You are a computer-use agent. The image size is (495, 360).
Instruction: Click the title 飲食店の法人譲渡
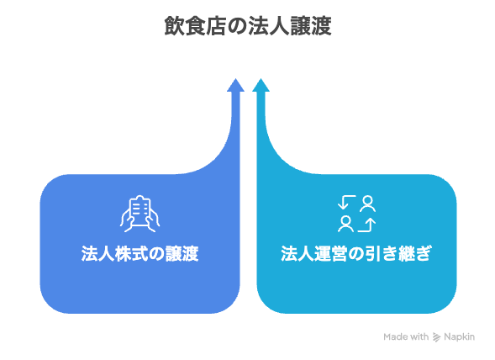tap(248, 26)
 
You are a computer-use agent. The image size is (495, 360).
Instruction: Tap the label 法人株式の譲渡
tap(140, 253)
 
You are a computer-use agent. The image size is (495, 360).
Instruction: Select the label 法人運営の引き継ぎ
tap(356, 253)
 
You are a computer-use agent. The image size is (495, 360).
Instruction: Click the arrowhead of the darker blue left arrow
tap(235, 85)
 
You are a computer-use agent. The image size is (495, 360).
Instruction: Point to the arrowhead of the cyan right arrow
tap(261, 85)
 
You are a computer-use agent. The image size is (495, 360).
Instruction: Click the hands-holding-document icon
tap(140, 214)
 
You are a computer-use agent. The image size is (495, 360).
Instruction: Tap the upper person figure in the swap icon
tap(367, 204)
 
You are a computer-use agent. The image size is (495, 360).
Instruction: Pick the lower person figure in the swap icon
tap(345, 224)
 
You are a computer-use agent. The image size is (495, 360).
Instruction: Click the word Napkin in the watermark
tap(460, 337)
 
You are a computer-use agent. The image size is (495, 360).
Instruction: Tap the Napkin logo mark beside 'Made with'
tap(436, 337)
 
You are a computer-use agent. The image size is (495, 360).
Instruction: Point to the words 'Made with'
tap(406, 337)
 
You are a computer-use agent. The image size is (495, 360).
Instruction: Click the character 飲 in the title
tap(175, 26)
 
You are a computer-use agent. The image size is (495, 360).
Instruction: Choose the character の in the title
tap(237, 26)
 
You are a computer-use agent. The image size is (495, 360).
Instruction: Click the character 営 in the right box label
tap(339, 253)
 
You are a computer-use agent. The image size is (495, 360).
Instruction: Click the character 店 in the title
tap(217, 26)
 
